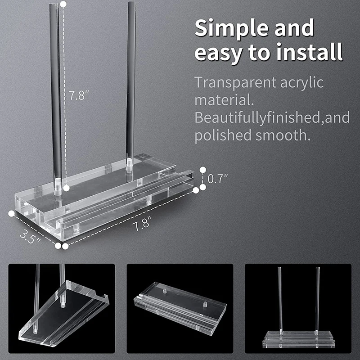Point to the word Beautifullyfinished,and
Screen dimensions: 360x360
[x=272, y=117]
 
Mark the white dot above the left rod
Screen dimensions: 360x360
[x=63, y=4]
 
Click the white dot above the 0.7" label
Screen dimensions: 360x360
[x=203, y=170]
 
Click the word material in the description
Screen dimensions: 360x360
[x=221, y=100]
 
